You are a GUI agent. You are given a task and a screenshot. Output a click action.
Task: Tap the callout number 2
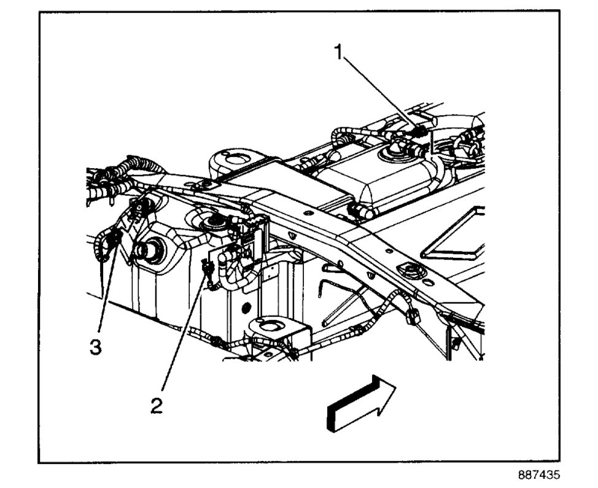pyautogui.click(x=158, y=406)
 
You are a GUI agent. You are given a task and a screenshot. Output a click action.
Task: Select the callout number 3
pyautogui.click(x=95, y=347)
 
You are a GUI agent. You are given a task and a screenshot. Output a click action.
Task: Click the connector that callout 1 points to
pyautogui.click(x=419, y=131)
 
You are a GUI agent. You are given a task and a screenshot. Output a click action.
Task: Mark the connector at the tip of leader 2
pyautogui.click(x=208, y=268)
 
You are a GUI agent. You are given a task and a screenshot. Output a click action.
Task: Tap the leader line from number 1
pyautogui.click(x=381, y=92)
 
